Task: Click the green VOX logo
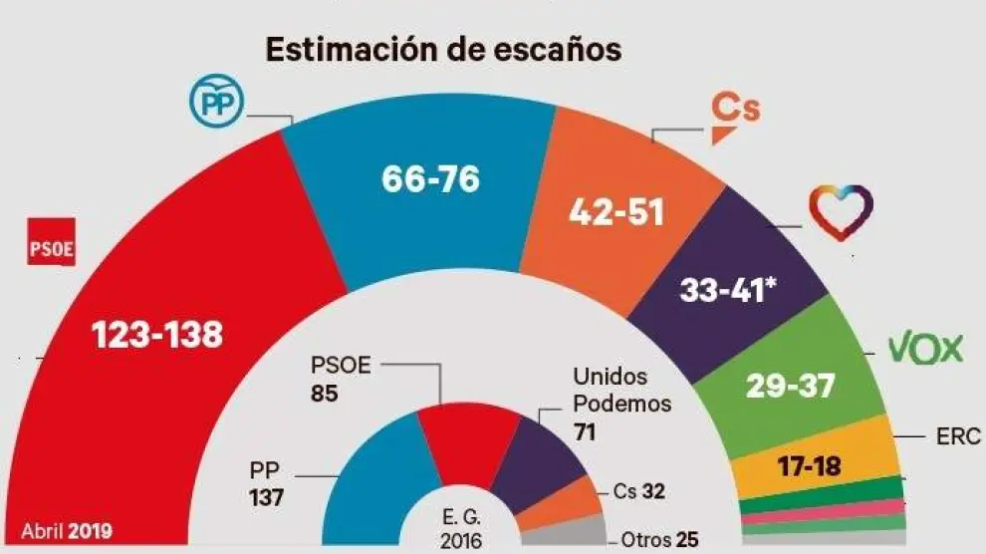[x=926, y=349]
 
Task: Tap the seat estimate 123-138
[x=157, y=335]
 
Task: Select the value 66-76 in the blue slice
[x=430, y=179]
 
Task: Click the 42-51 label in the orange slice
[x=616, y=212]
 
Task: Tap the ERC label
[x=959, y=435]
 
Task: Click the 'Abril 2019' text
[x=67, y=530]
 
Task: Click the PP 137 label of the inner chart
[x=267, y=483]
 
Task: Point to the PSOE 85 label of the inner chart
[x=341, y=379]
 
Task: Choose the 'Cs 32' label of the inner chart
[x=639, y=491]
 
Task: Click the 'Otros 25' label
[x=659, y=540]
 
